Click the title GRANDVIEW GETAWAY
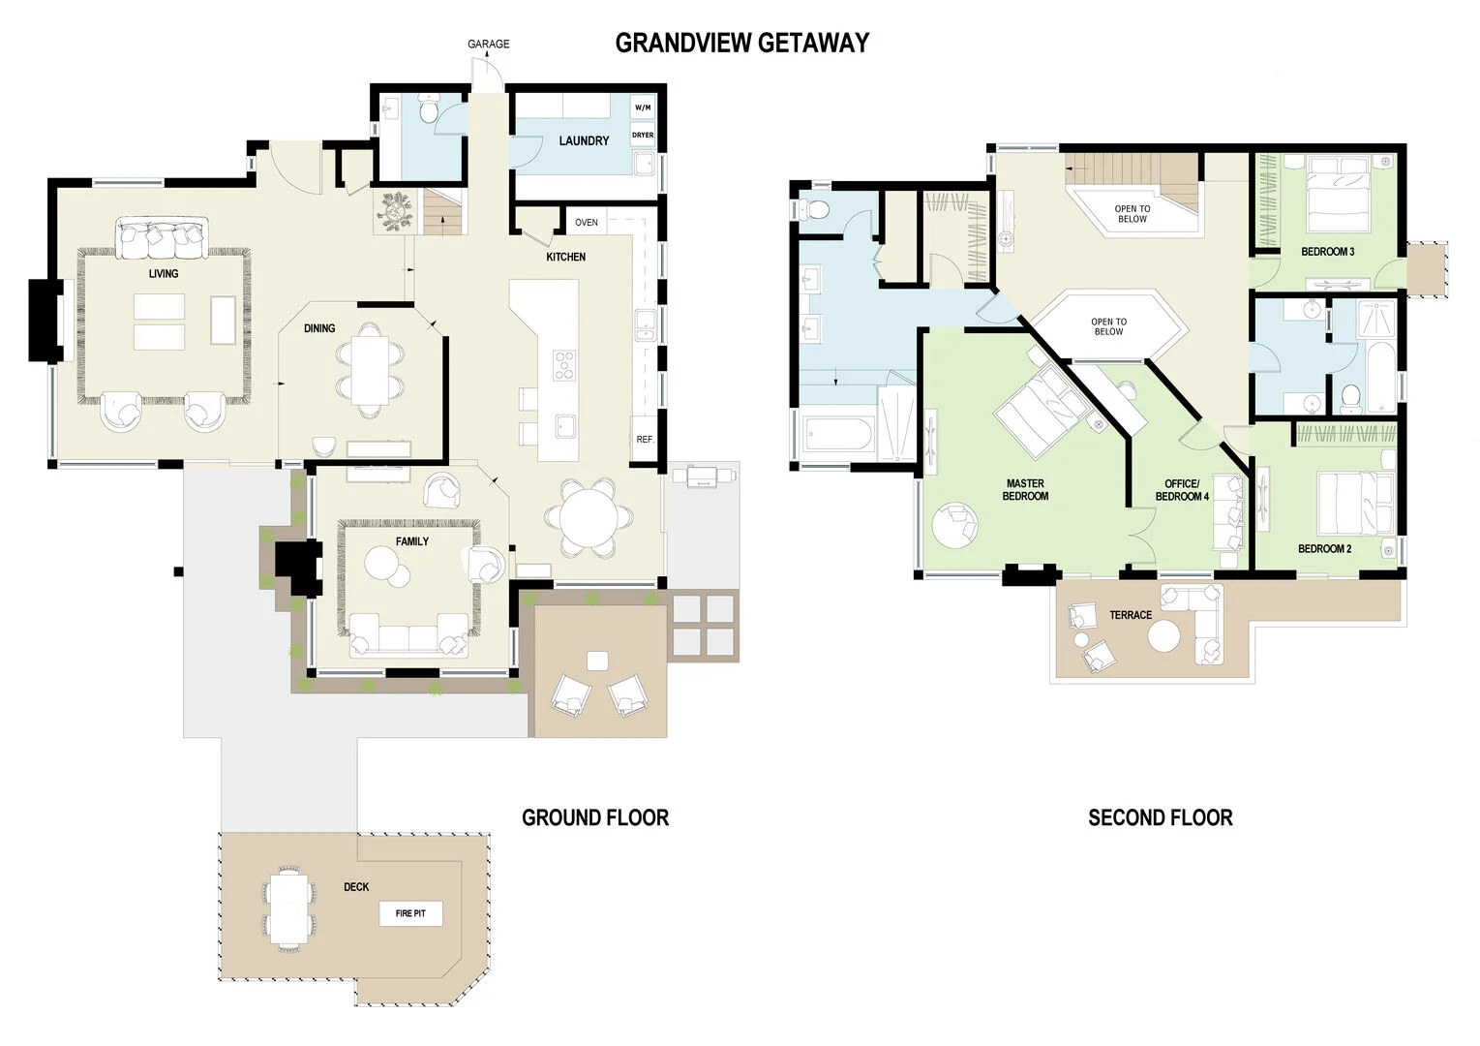(741, 43)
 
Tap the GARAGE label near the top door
(488, 44)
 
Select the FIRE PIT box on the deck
(410, 913)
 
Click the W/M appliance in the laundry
(643, 107)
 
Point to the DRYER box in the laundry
(643, 136)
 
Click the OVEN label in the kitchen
(587, 223)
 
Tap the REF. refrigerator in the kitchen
(645, 440)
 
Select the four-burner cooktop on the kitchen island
(563, 364)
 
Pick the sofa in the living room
(162, 239)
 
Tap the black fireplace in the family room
(298, 567)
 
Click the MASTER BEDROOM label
(1025, 490)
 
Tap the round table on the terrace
(1163, 636)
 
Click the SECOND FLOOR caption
(1160, 817)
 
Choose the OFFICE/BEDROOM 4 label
(1182, 490)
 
